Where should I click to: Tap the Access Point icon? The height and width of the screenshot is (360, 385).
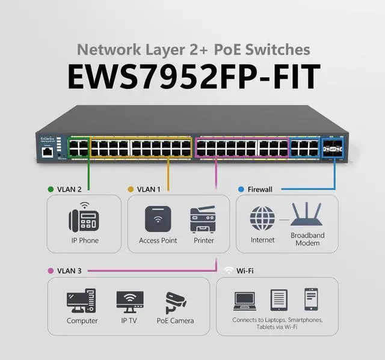tap(158, 219)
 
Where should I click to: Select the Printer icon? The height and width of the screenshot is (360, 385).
tap(202, 219)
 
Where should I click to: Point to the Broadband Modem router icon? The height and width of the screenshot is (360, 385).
tap(307, 215)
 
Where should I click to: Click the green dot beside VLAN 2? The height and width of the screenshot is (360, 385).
tap(51, 189)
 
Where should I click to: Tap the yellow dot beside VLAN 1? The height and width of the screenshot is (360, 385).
tap(131, 189)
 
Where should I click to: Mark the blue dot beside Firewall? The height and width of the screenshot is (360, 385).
tap(241, 189)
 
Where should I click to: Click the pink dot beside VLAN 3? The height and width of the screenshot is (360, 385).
tap(51, 271)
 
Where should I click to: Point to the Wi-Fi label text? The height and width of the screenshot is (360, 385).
tap(245, 271)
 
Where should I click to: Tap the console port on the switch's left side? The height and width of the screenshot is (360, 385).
tap(48, 151)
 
